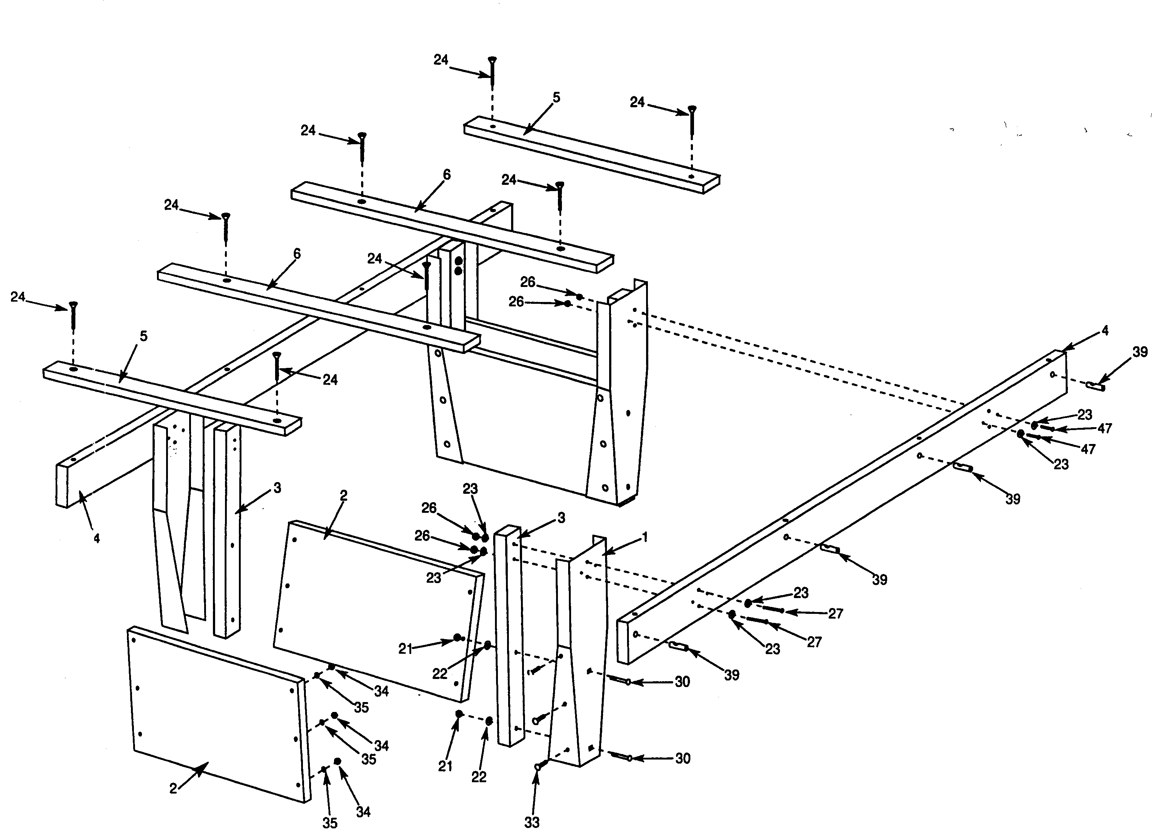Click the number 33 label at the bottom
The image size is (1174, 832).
pos(532,822)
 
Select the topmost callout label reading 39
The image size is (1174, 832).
pos(1140,352)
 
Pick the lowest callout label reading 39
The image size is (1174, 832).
pos(732,675)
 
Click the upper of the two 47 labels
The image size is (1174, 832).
pos(1104,428)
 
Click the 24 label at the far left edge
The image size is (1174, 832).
pos(18,297)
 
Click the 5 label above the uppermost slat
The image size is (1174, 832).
pos(556,97)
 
